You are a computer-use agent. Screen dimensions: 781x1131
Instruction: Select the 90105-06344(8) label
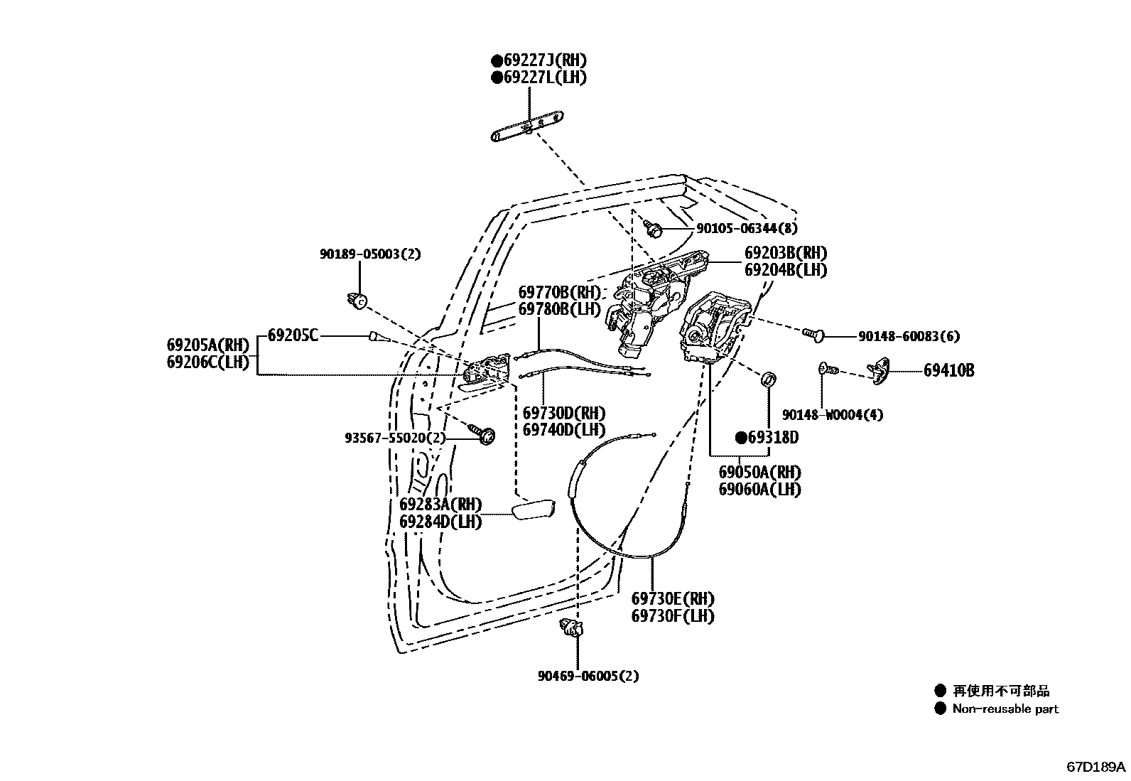tap(746, 228)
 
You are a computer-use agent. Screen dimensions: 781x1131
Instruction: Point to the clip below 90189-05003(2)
tap(359, 301)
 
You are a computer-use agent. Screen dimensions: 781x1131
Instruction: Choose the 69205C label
tap(293, 335)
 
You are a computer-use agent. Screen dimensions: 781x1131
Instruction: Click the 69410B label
tap(948, 370)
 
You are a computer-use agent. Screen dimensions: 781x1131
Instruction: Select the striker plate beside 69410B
tap(880, 371)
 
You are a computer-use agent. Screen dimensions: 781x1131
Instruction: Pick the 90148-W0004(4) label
tap(832, 414)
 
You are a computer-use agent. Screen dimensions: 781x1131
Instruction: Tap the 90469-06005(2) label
tap(588, 676)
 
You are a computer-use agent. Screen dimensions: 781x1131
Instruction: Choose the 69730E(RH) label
tap(672, 599)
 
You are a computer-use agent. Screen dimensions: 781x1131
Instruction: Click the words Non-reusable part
tap(1005, 709)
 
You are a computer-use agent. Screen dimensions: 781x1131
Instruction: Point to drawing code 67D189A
tap(1095, 767)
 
